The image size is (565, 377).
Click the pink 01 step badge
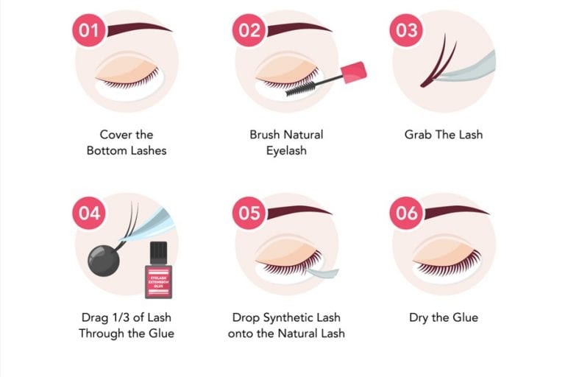click(x=88, y=30)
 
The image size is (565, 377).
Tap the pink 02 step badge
click(x=249, y=30)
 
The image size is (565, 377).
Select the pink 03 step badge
click(x=407, y=30)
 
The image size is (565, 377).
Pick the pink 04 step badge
click(x=88, y=213)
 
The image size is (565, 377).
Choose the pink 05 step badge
click(x=249, y=213)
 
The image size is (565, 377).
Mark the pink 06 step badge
click(x=407, y=213)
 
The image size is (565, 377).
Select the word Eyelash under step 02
click(x=286, y=150)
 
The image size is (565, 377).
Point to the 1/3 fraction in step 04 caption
click(x=125, y=317)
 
